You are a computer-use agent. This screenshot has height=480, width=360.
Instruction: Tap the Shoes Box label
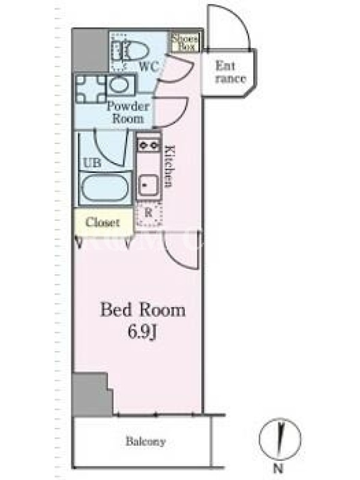point(184,43)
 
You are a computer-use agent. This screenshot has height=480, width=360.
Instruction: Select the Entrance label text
point(230,72)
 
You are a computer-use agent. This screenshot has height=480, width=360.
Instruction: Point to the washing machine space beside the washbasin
point(91,89)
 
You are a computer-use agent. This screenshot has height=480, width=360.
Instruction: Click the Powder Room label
point(128,112)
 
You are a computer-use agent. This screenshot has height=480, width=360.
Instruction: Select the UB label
point(92,163)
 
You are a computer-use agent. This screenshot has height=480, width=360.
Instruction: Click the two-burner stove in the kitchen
point(149,145)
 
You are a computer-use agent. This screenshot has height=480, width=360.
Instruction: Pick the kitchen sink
point(148,185)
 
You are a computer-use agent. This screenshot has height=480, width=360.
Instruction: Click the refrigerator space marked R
point(148,214)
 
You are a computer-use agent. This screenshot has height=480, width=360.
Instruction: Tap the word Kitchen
point(169,166)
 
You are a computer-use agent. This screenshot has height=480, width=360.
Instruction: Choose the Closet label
point(103,222)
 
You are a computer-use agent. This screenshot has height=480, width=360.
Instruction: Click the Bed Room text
point(143,310)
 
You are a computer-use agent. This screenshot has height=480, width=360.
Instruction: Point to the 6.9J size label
point(142,332)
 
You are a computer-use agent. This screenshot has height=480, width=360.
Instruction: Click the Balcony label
point(146,442)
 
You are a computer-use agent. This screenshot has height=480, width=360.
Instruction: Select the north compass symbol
point(280,439)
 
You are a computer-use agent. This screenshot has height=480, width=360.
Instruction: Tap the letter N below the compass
point(278,468)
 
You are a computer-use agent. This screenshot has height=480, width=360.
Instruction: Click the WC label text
point(149,66)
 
